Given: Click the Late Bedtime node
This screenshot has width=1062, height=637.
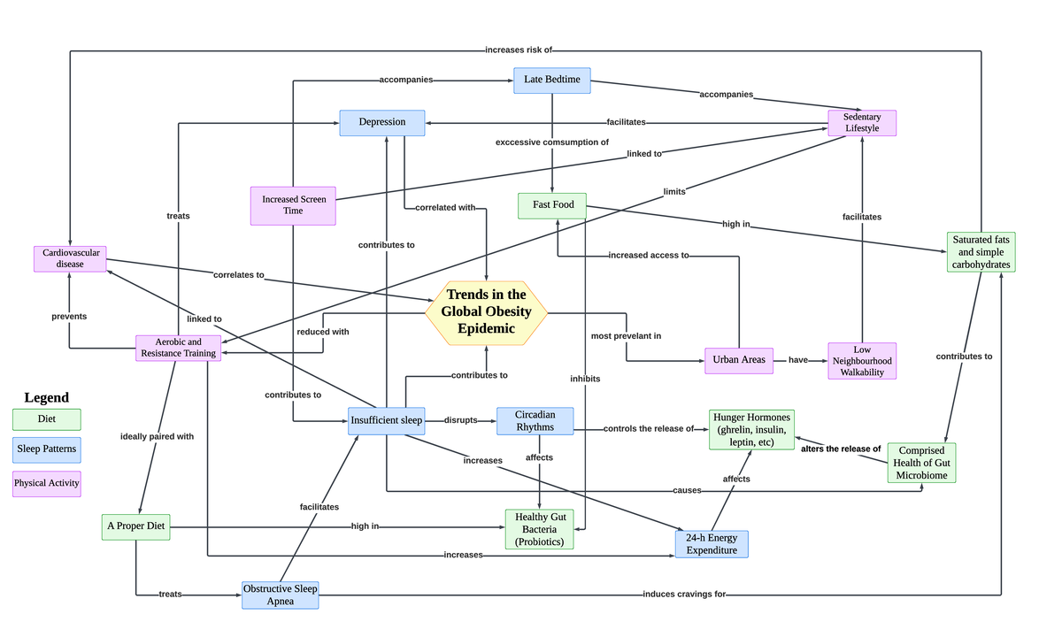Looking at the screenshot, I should click(552, 80).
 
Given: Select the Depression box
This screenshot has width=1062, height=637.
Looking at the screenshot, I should click(382, 122).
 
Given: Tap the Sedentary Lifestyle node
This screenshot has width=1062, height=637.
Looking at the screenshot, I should click(862, 123).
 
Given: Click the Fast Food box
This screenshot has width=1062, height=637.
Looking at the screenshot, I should click(553, 205).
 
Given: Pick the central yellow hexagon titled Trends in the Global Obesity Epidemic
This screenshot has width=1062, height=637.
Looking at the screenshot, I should click(486, 311).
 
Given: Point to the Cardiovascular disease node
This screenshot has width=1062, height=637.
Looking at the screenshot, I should click(70, 258).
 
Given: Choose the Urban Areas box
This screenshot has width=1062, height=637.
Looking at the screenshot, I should click(739, 360).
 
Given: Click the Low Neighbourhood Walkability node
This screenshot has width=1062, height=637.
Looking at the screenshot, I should click(862, 361).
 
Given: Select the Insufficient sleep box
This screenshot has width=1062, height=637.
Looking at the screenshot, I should click(387, 420).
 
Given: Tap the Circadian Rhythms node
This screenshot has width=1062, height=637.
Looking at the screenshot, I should click(535, 421).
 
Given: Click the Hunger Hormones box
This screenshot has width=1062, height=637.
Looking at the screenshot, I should click(751, 429).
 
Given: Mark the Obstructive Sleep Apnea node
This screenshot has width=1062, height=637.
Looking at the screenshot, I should click(281, 595).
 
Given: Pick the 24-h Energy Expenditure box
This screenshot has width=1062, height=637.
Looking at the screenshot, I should click(712, 544).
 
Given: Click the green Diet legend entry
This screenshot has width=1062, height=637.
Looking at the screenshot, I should click(47, 418).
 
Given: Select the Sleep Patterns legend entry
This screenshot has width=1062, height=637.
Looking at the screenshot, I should click(47, 449).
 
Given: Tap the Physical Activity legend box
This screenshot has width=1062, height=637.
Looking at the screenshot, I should click(47, 483).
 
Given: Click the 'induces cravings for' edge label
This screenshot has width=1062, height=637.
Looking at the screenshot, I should click(684, 595).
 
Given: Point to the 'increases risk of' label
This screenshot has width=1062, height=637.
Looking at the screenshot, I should click(519, 50).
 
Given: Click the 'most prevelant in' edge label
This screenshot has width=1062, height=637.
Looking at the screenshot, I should click(626, 336).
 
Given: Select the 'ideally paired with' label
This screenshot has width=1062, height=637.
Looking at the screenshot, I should click(158, 436).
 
